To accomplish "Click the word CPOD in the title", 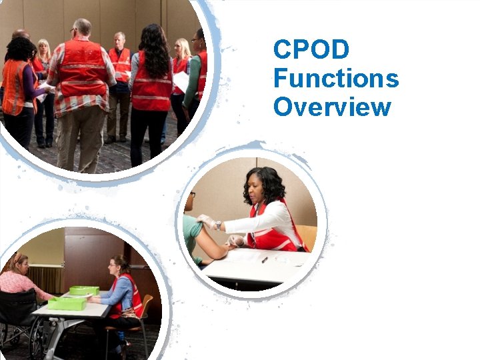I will point(311,49).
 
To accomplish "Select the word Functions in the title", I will point(336,78).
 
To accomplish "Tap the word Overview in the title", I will point(331,107).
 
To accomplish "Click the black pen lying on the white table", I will point(265,259).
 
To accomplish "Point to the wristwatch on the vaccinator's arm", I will point(218,226).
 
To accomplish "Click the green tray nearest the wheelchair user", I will point(66,303).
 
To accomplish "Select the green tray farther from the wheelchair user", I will point(84,290).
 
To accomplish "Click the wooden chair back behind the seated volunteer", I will point(146,307).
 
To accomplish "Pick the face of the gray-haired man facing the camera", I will point(119,40).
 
